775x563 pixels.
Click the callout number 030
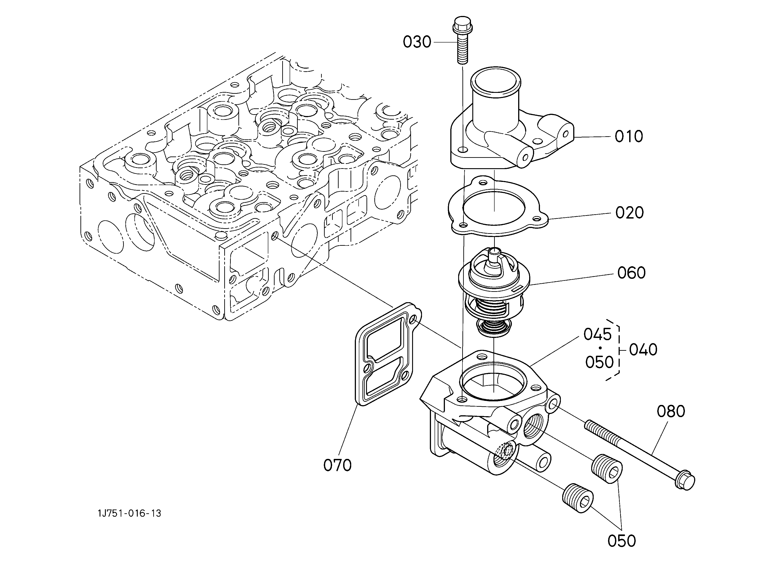coord(417,42)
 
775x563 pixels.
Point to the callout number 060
coord(631,273)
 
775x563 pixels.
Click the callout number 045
coord(598,334)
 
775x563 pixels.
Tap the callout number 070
coord(338,465)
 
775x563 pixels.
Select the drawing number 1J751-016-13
coord(129,514)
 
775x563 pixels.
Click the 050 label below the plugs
coord(622,541)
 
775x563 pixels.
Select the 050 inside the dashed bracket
coord(599,362)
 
